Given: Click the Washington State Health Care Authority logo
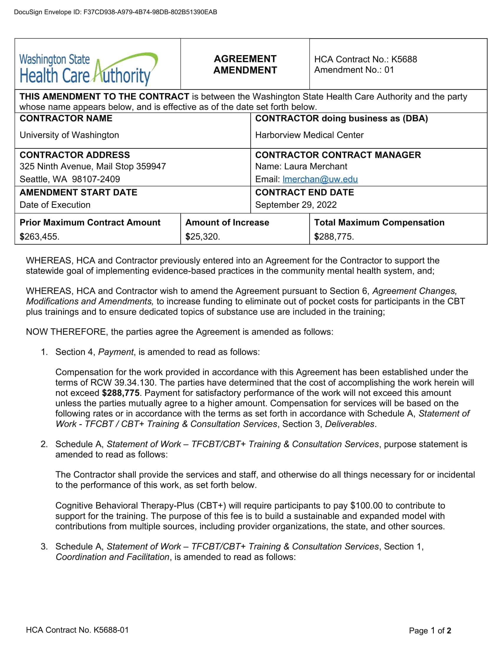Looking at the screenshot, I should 88,69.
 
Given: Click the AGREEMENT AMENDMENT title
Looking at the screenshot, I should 245,65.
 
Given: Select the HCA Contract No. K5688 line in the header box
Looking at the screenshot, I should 365,59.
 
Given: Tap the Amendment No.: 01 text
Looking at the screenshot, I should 354,70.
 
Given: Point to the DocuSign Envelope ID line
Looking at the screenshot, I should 116,12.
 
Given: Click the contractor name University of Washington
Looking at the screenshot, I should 69,135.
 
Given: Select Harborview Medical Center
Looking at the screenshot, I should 309,135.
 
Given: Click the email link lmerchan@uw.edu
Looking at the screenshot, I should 320,179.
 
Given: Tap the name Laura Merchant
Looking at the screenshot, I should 316,166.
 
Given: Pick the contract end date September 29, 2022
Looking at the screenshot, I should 296,205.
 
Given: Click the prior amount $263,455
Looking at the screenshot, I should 39,237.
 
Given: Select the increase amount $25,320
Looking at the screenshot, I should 202,237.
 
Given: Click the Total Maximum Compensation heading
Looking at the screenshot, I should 379,222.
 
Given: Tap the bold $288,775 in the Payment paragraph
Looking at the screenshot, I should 121,393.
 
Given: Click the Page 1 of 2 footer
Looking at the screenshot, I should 429,631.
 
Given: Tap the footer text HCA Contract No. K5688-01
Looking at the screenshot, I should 77,630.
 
